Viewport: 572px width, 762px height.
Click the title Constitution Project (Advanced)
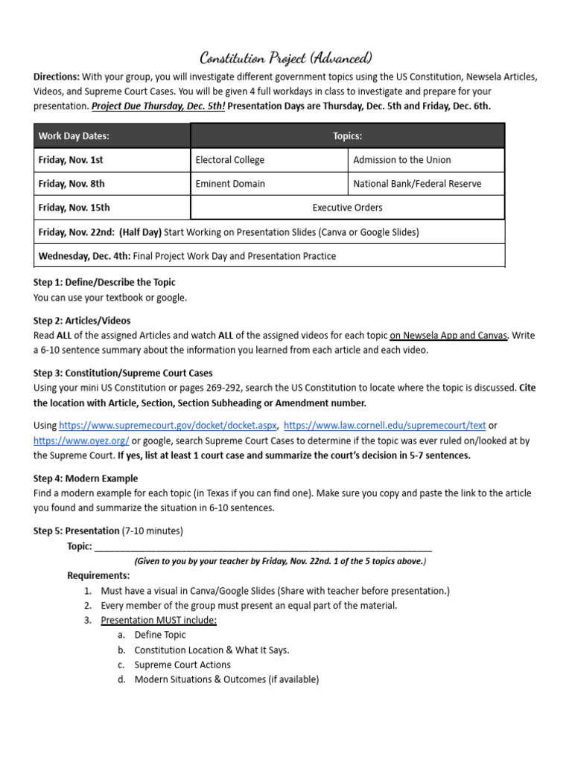tap(286, 58)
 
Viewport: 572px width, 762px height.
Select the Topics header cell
tap(347, 136)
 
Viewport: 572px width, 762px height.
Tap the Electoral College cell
tap(229, 160)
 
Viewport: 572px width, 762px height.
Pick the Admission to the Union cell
tap(401, 160)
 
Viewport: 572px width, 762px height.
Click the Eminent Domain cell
tap(229, 184)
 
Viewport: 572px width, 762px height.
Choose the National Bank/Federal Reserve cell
tap(417, 184)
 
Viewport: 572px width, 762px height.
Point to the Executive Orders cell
tap(347, 208)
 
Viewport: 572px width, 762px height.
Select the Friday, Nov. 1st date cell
tap(71, 160)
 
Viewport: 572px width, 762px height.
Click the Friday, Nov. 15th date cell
tap(74, 208)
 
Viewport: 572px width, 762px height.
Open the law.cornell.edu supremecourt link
tap(385, 426)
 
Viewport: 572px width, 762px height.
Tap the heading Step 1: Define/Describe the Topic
tap(104, 283)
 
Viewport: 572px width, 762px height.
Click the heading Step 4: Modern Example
tap(86, 478)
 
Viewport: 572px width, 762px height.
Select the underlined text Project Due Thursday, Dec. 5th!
tap(158, 106)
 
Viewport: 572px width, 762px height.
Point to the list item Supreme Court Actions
tap(182, 665)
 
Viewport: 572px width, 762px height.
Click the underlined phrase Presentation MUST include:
tap(159, 620)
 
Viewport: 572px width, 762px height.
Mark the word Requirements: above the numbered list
tap(98, 575)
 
